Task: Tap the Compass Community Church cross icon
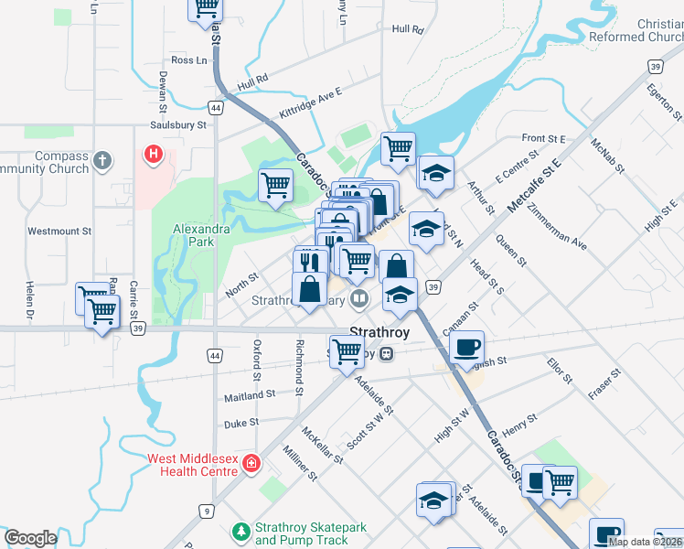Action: [x=102, y=161]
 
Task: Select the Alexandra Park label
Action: [x=194, y=235]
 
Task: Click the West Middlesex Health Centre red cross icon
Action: [x=251, y=465]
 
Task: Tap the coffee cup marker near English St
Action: [x=466, y=347]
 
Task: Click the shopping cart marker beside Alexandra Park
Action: [x=275, y=185]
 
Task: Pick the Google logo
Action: [x=30, y=539]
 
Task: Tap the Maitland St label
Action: [x=250, y=394]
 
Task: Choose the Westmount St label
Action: [x=59, y=231]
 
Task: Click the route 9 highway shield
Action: [x=208, y=510]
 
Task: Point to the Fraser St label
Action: [x=604, y=384]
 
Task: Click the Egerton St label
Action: [x=664, y=101]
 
